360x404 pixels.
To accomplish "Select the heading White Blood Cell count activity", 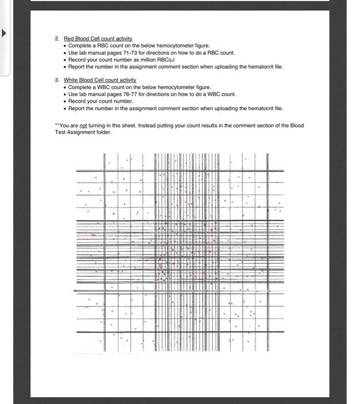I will [100, 80].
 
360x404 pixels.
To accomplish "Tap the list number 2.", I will [57, 39].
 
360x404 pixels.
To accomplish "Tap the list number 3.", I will [57, 80].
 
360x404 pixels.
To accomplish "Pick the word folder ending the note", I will [104, 132].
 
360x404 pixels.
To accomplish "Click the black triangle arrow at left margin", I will [5, 33].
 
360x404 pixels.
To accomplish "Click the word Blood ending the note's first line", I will [297, 125].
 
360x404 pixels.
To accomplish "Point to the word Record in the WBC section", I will [77, 101].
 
